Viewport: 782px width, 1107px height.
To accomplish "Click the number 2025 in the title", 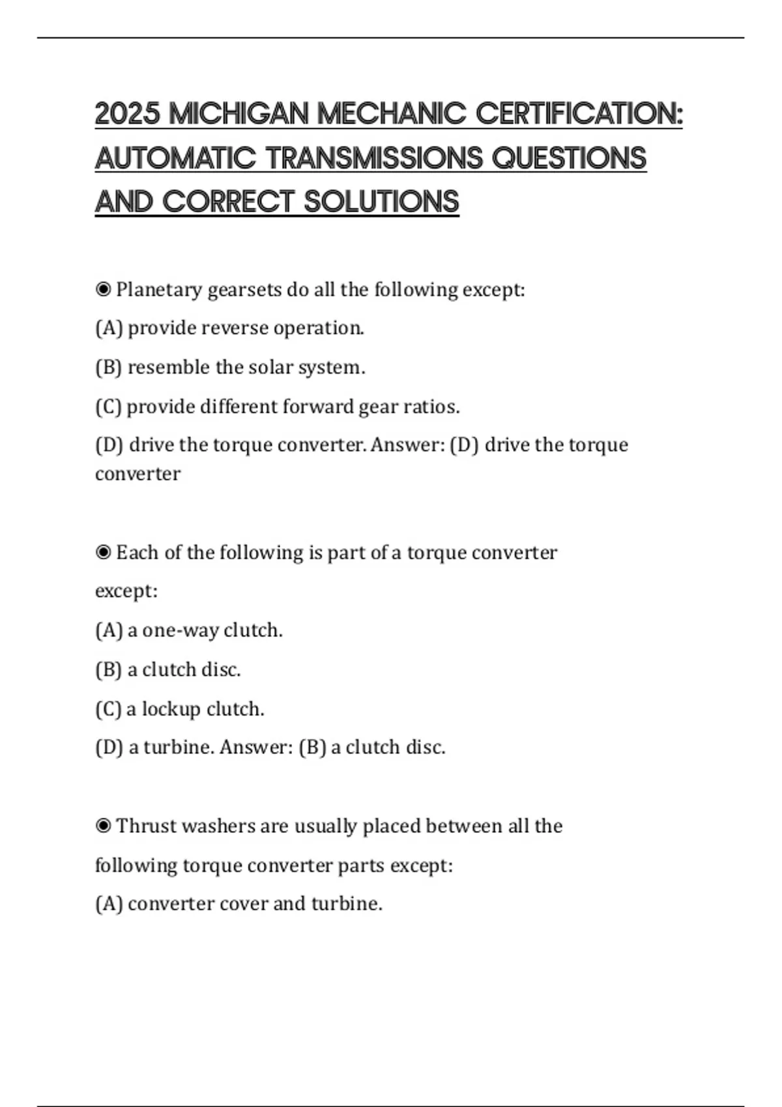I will tap(128, 114).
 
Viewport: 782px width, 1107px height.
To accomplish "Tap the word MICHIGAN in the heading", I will tap(239, 114).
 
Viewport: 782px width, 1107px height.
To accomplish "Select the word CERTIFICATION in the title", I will tap(579, 114).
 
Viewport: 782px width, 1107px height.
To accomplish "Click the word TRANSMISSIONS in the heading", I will tap(375, 158).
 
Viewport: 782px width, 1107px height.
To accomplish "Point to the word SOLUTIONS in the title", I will tap(381, 202).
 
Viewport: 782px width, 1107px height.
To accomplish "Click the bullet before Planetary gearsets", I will tap(103, 289).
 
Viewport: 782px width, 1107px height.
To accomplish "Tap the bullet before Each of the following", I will tap(103, 553).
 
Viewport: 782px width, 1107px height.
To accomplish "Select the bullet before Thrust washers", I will tap(103, 826).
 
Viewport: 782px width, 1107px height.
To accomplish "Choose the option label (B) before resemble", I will tap(108, 368).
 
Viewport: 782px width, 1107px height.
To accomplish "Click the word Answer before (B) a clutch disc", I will tap(256, 747).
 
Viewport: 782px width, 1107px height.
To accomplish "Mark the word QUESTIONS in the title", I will tap(569, 158).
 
